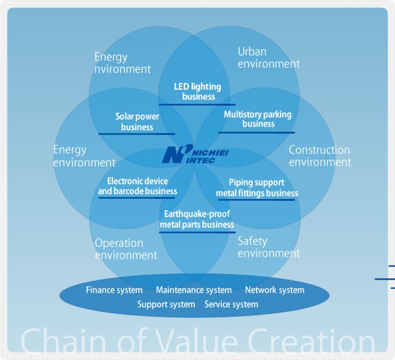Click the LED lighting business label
[197, 92]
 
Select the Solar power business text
[137, 122]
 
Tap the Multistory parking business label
[258, 119]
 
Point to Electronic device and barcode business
[138, 186]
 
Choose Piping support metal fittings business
[257, 188]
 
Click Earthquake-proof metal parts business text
[197, 219]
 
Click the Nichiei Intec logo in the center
[196, 154]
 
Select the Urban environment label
[269, 58]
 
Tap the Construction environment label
[320, 156]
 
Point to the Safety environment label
[269, 248]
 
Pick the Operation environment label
[126, 249]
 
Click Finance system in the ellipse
[114, 290]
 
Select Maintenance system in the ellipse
[194, 290]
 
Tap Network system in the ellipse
[275, 290]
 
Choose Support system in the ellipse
[166, 304]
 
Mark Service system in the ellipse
[231, 304]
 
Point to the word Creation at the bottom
[311, 340]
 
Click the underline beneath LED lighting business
[197, 104]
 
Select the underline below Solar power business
[136, 134]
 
